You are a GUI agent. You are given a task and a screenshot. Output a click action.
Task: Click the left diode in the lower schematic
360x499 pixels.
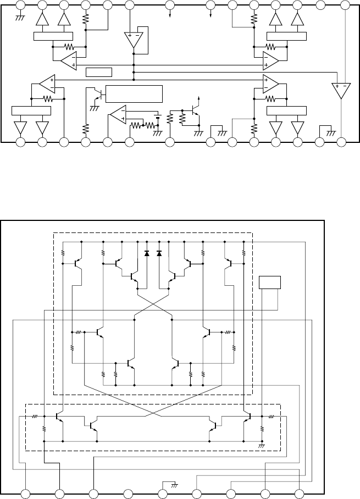coord(146,253)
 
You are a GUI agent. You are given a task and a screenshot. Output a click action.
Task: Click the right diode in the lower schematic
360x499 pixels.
coord(159,253)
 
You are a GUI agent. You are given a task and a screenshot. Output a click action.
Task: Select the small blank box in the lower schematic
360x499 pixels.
coord(270,283)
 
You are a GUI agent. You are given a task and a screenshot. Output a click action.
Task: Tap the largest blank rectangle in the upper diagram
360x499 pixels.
coord(134,94)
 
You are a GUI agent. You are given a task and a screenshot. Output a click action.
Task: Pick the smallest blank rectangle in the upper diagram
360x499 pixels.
coord(99,71)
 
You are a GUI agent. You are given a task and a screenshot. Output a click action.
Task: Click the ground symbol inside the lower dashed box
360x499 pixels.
coord(262,446)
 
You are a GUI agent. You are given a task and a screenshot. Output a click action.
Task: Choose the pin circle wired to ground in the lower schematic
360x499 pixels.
coord(162,492)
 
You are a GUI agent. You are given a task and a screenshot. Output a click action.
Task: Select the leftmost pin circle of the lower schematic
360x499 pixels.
coord(25,492)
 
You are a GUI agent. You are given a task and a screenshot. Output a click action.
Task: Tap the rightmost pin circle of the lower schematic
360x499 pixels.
coord(299,492)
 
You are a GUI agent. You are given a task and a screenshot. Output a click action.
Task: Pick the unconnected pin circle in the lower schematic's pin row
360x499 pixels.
coord(128,492)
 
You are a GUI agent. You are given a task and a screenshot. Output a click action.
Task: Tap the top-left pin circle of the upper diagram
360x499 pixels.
coord(20,5)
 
